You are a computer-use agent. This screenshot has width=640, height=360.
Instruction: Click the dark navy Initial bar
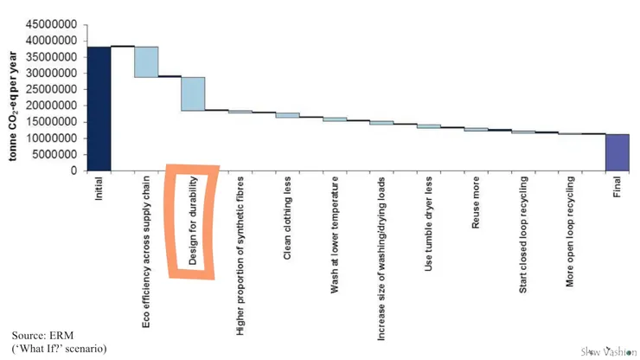pyautogui.click(x=99, y=108)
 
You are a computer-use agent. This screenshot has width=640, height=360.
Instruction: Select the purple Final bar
pyautogui.click(x=617, y=152)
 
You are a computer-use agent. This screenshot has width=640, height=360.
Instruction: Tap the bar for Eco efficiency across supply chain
pyautogui.click(x=145, y=61)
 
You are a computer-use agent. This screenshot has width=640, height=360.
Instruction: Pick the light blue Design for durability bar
pyautogui.click(x=192, y=93)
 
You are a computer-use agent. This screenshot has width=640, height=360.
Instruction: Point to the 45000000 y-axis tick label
pyautogui.click(x=55, y=24)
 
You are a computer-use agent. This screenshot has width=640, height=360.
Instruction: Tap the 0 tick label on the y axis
pyautogui.click(x=77, y=170)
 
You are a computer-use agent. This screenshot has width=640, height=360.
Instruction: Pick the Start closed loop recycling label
pyautogui.click(x=522, y=234)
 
